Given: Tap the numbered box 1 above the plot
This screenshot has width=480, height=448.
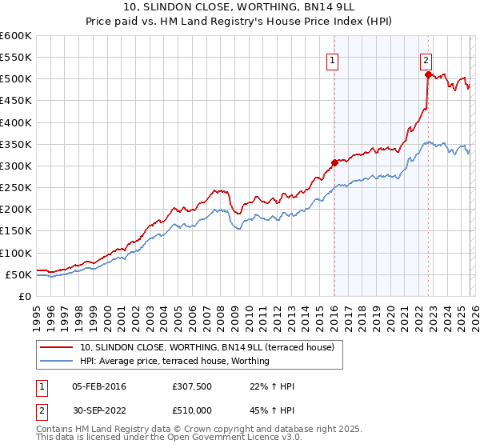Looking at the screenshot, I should [x=332, y=59].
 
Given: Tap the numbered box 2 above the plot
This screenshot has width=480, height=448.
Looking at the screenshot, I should [x=426, y=59].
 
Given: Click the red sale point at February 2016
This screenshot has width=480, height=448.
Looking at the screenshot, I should [x=334, y=162].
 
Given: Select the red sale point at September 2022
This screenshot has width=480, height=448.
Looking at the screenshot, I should [x=428, y=75].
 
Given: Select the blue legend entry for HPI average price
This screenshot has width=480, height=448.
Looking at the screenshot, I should [x=174, y=361].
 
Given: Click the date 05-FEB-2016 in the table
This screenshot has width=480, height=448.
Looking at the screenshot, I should [x=98, y=387].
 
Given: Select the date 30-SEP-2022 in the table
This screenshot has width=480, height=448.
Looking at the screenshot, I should [x=98, y=410].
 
